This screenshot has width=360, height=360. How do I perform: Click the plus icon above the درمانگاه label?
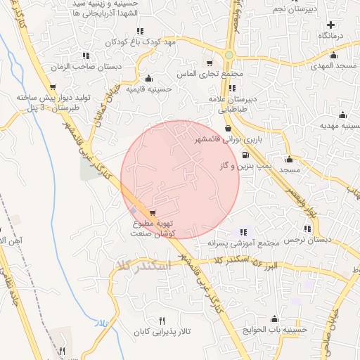point(330,25)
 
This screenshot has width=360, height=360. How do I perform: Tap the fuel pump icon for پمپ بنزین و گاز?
point(245,155)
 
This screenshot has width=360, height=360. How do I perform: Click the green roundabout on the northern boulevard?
point(229,55)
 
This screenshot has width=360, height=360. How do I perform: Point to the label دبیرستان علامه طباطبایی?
point(232,105)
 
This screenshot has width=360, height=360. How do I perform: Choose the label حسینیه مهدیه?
point(340,127)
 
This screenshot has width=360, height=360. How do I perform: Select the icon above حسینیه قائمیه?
point(148,79)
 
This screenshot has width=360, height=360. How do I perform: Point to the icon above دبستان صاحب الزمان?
point(86,56)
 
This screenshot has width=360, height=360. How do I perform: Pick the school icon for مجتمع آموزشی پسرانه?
point(243,232)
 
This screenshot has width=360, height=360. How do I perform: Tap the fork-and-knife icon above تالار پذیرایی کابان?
point(163,320)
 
